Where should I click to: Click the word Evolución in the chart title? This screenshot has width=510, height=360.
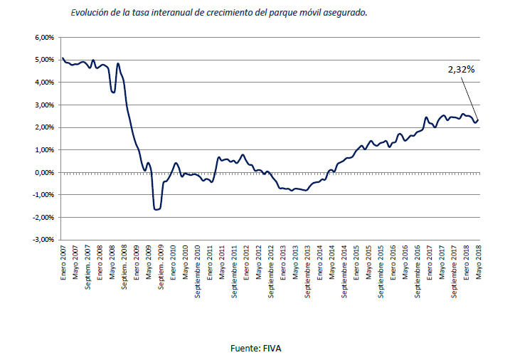[90, 13]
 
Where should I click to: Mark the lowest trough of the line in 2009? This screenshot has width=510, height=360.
[156, 209]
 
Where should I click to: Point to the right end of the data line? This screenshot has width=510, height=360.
[478, 120]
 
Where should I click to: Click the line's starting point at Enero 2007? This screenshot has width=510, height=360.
[63, 58]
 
